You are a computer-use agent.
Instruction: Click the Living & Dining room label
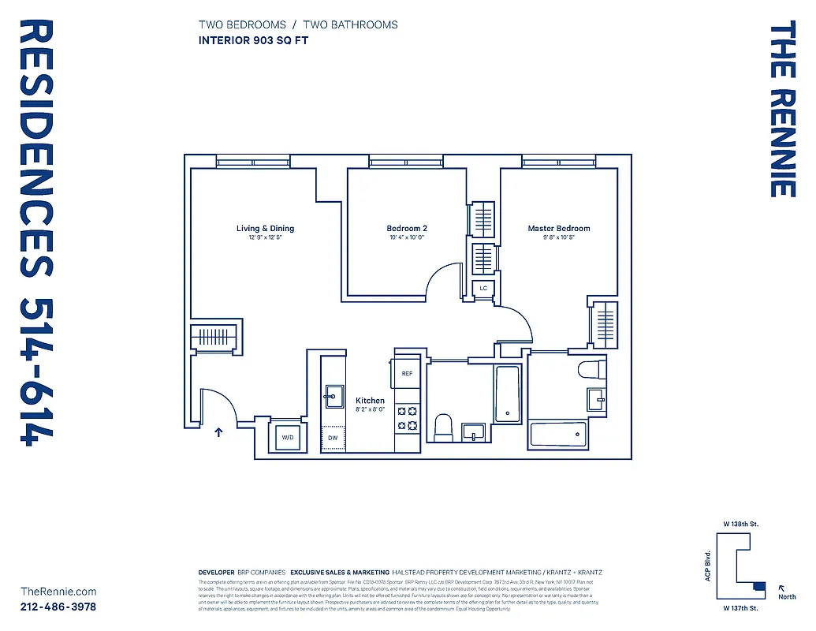tap(265, 229)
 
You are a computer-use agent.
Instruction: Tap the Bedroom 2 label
tap(407, 229)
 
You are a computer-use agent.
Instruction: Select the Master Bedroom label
tap(558, 229)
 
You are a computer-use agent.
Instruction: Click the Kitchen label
tap(370, 401)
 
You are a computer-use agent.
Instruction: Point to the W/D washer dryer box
tap(288, 437)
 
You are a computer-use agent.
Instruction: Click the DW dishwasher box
tap(333, 437)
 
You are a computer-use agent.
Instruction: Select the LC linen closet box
tap(484, 289)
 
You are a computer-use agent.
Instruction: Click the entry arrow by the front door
tap(219, 431)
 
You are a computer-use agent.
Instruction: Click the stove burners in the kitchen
tap(407, 418)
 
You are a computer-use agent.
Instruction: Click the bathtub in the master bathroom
tap(558, 434)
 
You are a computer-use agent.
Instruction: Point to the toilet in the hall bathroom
tap(443, 428)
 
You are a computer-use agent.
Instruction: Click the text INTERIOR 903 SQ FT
tap(252, 40)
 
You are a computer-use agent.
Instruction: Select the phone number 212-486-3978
tap(58, 607)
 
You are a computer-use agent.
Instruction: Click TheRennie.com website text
tap(58, 591)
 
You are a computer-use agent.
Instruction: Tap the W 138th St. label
tap(741, 524)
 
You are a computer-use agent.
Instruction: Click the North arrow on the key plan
tap(782, 588)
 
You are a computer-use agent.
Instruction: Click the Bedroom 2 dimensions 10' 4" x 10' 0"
tap(407, 237)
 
